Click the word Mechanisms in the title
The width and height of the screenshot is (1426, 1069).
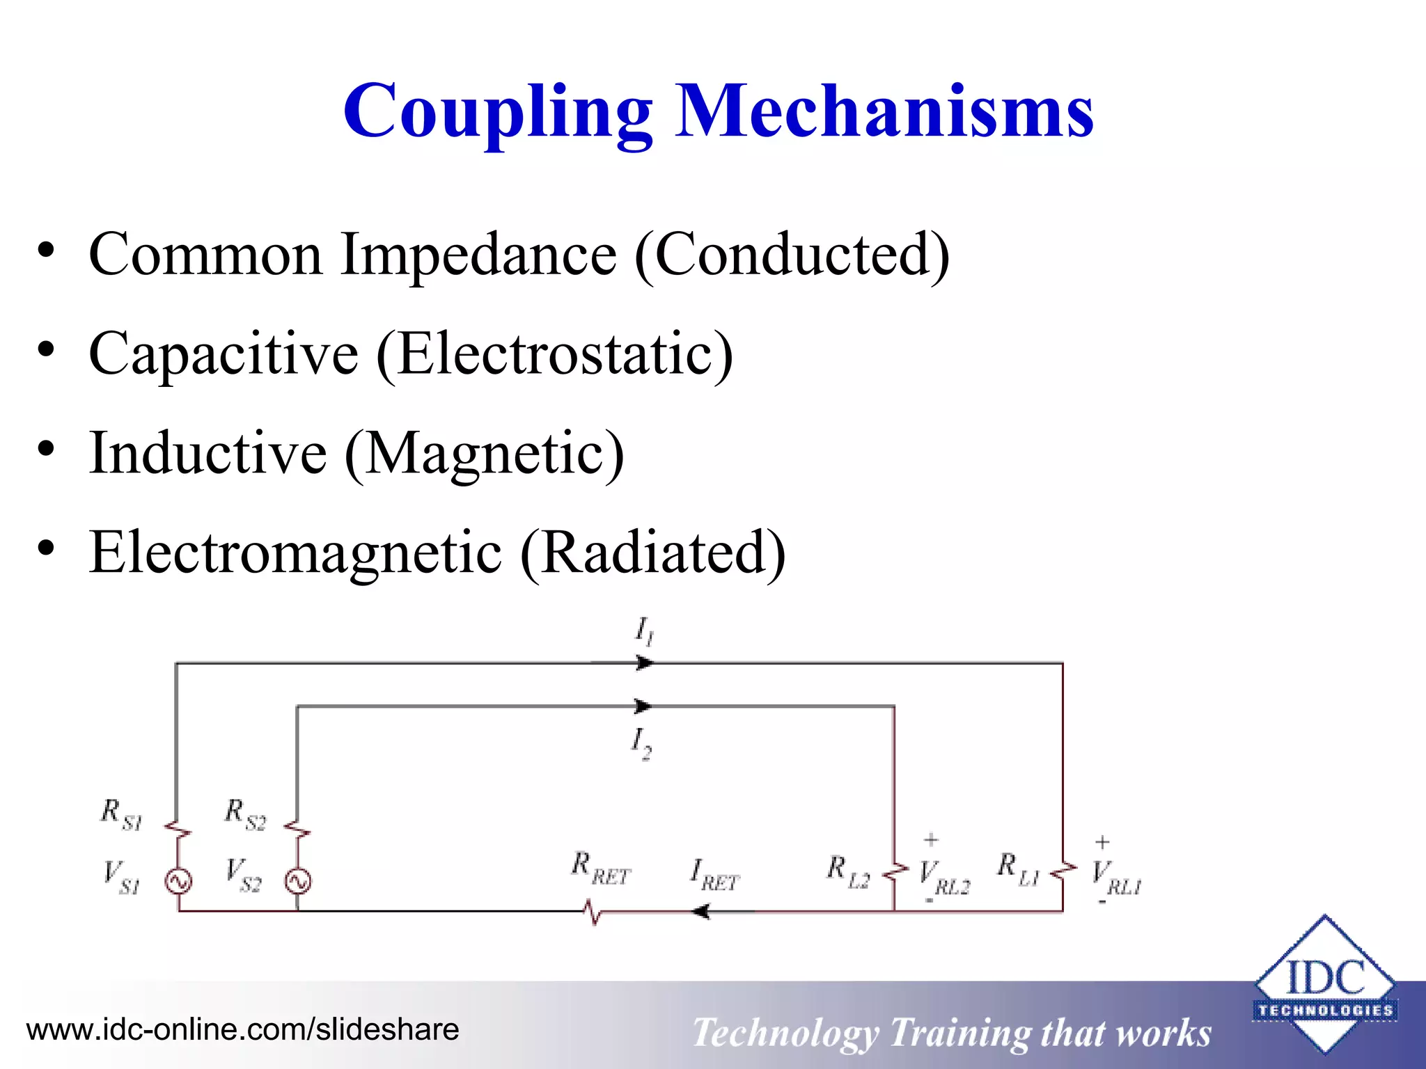(885, 111)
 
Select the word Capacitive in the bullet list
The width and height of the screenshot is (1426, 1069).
(224, 354)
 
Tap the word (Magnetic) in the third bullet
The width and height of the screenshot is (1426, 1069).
(485, 454)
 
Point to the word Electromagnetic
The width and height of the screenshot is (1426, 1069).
(295, 553)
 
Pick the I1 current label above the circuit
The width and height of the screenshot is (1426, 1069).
(643, 631)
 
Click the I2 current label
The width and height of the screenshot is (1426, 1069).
(641, 743)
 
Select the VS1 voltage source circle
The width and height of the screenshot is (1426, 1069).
(178, 882)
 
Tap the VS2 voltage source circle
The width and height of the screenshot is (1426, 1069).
(298, 882)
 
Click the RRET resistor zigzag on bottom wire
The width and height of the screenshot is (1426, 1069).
(593, 911)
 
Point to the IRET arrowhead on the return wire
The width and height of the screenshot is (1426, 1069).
(700, 911)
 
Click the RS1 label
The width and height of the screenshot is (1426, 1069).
(121, 814)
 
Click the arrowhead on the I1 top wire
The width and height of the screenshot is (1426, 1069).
(645, 663)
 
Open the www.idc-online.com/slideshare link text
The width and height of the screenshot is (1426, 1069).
(242, 1029)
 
